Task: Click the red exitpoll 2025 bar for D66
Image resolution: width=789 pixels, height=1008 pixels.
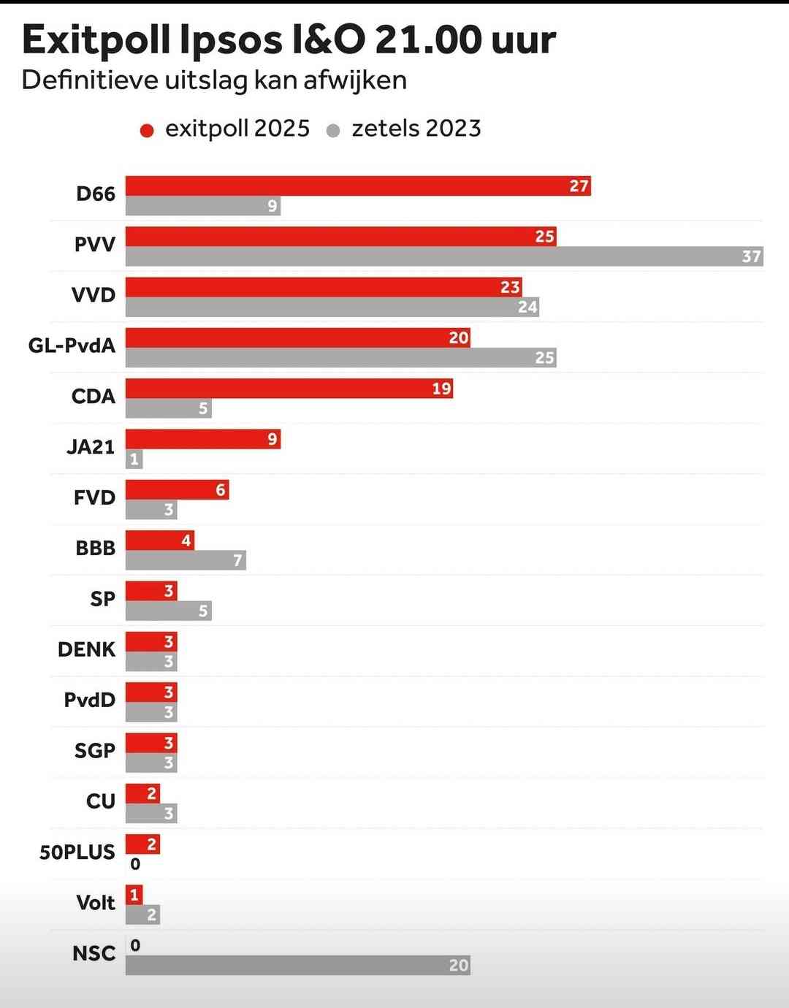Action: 358,186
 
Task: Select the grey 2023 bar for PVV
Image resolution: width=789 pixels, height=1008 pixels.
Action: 444,256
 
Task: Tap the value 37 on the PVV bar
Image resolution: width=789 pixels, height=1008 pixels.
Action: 751,256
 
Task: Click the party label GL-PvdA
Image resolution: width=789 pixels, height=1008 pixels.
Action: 72,345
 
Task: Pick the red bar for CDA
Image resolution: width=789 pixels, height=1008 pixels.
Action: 289,388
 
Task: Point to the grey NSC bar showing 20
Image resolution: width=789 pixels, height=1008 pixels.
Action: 297,965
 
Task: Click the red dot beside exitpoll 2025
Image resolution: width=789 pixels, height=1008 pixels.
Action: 147,131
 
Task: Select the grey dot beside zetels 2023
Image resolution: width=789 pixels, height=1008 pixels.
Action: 333,131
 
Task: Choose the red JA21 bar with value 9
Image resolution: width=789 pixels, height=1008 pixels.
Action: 202,439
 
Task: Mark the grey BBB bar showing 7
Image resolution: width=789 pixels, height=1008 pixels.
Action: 186,560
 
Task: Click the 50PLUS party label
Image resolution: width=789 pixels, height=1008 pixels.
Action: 77,852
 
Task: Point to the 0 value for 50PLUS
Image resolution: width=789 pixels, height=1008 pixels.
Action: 135,864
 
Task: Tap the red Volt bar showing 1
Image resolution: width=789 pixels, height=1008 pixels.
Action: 134,895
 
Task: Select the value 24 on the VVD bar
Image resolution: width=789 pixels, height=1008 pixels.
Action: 527,307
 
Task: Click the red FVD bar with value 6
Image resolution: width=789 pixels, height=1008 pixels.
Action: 177,489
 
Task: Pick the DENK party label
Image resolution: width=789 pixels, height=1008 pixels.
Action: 86,649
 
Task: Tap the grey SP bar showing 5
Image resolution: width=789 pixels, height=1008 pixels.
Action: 168,611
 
